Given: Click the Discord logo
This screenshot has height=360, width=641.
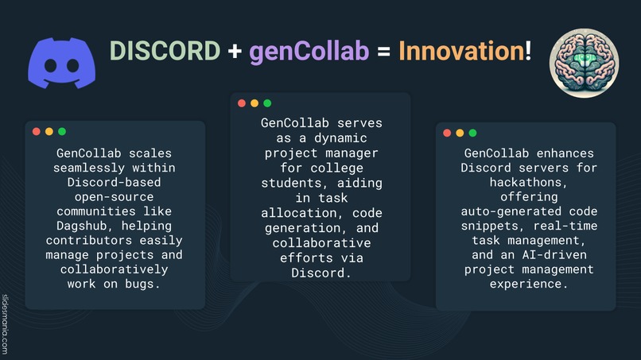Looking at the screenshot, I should click(60, 62).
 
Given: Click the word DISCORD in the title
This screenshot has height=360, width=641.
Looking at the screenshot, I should click(165, 51).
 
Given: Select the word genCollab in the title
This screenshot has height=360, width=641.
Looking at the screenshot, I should click(309, 52).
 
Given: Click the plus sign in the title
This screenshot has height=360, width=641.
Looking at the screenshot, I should click(235, 52).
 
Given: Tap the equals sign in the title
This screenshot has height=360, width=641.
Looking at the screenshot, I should click(383, 52).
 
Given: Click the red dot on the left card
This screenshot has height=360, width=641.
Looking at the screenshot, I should click(37, 131).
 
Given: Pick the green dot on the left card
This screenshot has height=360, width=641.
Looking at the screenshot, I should click(62, 131).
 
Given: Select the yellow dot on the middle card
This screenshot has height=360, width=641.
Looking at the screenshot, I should click(254, 103).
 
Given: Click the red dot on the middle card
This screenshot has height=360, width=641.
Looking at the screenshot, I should click(242, 103).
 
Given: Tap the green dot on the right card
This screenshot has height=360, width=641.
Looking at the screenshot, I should click(472, 133).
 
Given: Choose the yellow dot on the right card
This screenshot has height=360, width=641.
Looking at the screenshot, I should click(460, 133).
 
